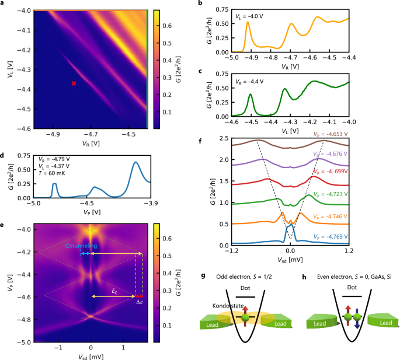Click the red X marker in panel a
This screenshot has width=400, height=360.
point(74,83)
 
